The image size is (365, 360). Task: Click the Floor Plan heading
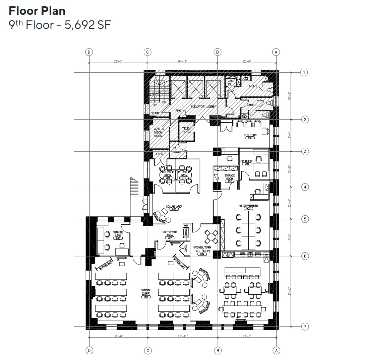tap(37, 11)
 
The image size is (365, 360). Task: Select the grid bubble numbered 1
tap(304, 72)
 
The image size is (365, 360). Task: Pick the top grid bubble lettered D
tap(89, 52)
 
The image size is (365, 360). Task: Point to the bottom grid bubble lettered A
tap(276, 351)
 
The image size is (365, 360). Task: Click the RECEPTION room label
tap(250, 135)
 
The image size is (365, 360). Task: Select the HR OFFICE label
tap(247, 161)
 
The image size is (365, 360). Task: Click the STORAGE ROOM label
tap(230, 177)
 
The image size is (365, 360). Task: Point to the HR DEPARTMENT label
tap(248, 206)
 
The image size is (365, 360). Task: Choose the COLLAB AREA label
tap(174, 207)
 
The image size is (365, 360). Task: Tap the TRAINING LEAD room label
tap(118, 234)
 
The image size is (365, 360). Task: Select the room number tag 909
tap(167, 177)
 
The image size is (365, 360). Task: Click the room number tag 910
tap(184, 177)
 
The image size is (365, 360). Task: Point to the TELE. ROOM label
tap(186, 130)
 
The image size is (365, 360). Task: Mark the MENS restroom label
tap(253, 86)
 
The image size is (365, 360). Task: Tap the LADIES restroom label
tap(252, 105)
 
